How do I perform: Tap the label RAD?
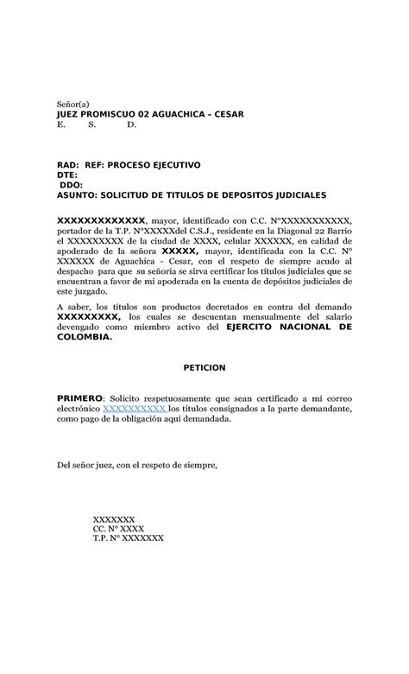tap(67, 164)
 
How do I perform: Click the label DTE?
tap(66, 175)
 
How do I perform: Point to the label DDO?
tap(71, 185)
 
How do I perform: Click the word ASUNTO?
tap(77, 195)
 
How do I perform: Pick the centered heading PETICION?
tap(204, 367)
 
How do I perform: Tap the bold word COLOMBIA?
tap(83, 339)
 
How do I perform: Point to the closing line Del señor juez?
tap(137, 465)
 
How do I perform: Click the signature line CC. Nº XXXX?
tap(118, 527)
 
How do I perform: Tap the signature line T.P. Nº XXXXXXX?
tap(128, 537)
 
